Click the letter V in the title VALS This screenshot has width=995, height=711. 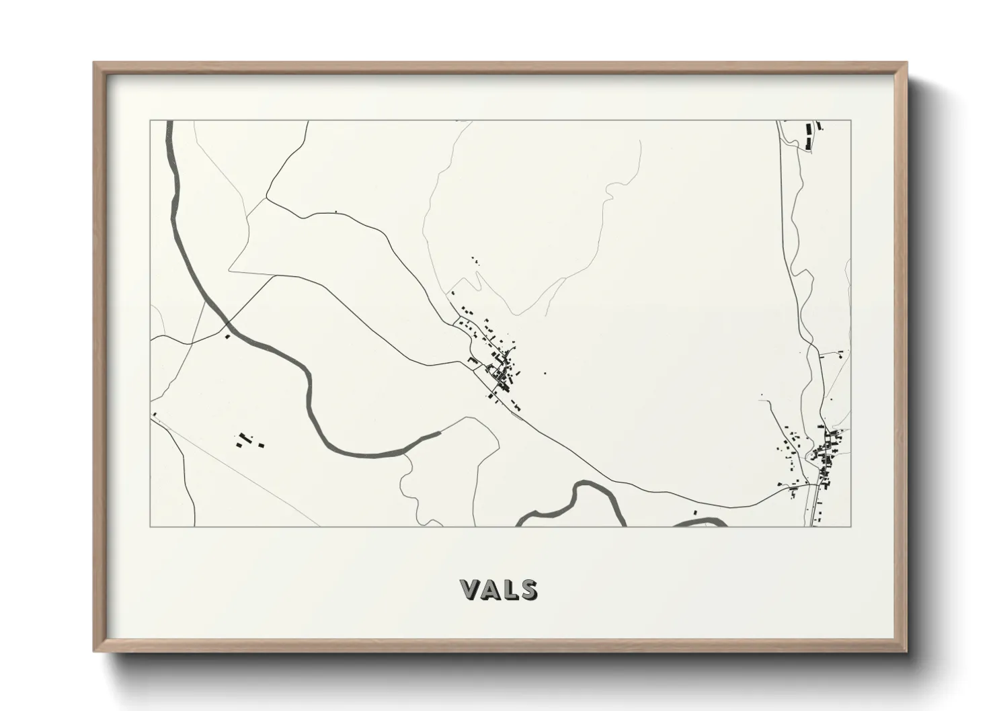click(471, 589)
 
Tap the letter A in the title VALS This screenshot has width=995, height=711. click(491, 589)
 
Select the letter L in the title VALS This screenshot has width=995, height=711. click(510, 589)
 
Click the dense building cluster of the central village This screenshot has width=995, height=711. click(501, 373)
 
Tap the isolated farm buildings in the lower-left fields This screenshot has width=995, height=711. click(247, 441)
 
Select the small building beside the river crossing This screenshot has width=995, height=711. click(228, 336)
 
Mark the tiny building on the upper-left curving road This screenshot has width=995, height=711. click(335, 213)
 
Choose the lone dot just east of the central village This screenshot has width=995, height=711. click(545, 374)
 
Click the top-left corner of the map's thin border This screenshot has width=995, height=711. click(150, 120)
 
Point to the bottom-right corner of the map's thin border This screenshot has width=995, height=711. click(851, 526)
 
